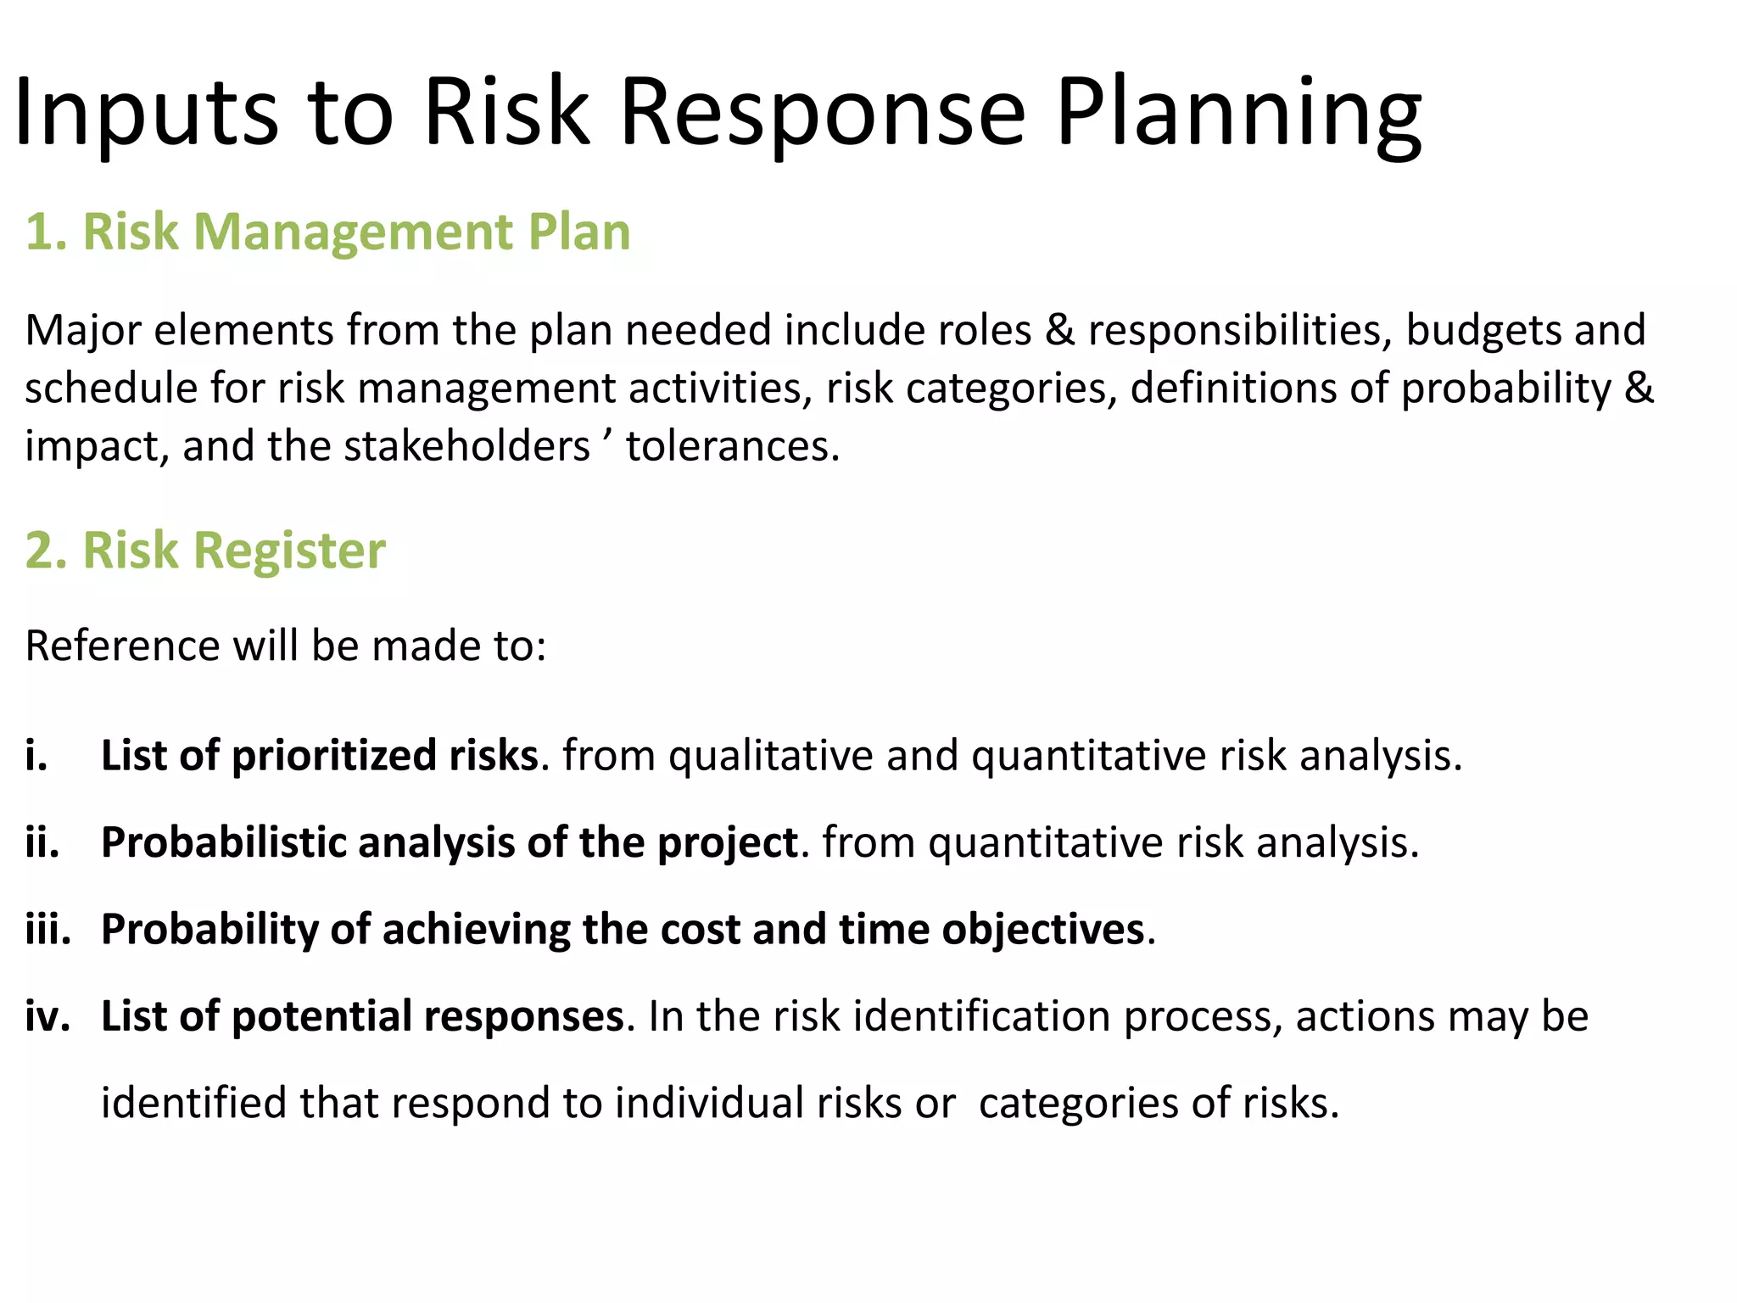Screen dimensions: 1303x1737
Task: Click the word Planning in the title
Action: pos(1238,115)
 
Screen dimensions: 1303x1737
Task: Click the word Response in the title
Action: pos(823,115)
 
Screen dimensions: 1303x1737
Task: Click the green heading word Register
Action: pos(289,551)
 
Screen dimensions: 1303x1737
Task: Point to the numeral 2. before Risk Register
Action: pos(45,551)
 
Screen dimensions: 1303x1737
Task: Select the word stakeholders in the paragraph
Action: pos(466,446)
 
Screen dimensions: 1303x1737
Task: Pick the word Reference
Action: pos(122,646)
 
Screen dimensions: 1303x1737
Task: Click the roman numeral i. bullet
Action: pos(36,756)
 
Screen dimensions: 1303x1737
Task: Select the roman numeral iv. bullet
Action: pos(47,1016)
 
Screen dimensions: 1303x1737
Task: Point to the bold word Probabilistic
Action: pos(224,843)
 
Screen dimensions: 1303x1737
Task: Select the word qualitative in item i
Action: pos(770,756)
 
